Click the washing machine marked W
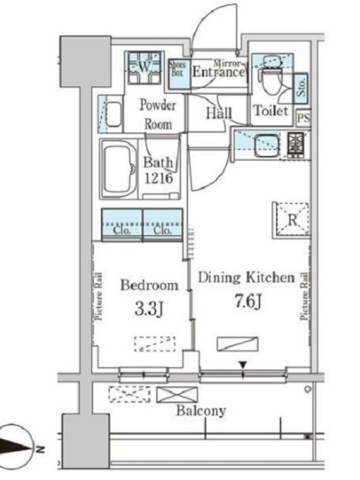pyautogui.click(x=144, y=67)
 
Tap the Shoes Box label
pyautogui.click(x=178, y=68)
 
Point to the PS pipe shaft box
pyautogui.click(x=304, y=118)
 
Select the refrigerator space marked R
pyautogui.click(x=292, y=219)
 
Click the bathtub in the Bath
pyautogui.click(x=118, y=170)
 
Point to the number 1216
pyautogui.click(x=158, y=178)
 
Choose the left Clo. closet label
pyautogui.click(x=122, y=230)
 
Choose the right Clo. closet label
pyautogui.click(x=163, y=230)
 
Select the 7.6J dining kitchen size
pyautogui.click(x=247, y=302)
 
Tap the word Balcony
pyautogui.click(x=201, y=411)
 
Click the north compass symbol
pyautogui.click(x=16, y=448)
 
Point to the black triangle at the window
pyautogui.click(x=243, y=365)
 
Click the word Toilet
pyautogui.click(x=271, y=110)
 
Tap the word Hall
pyautogui.click(x=218, y=113)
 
